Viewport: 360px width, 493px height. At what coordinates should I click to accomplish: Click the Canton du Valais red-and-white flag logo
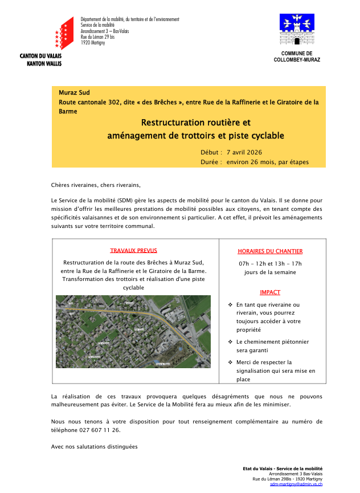click(x=64, y=33)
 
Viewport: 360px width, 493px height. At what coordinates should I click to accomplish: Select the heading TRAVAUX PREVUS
click(x=134, y=250)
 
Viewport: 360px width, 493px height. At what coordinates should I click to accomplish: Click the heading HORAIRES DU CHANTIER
click(x=270, y=251)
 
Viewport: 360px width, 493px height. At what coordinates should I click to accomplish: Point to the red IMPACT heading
click(x=270, y=292)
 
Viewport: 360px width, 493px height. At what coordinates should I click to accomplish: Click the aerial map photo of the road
click(x=133, y=331)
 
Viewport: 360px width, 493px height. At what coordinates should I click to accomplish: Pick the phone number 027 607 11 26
click(x=100, y=430)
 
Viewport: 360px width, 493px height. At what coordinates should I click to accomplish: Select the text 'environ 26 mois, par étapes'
click(x=267, y=162)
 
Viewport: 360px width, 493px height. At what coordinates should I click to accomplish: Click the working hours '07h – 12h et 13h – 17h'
click(x=270, y=263)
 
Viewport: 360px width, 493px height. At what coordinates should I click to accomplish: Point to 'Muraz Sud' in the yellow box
click(x=74, y=92)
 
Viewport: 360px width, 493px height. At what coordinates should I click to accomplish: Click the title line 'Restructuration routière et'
click(x=195, y=123)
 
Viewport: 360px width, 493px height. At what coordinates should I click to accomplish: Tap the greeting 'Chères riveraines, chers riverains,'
click(x=95, y=185)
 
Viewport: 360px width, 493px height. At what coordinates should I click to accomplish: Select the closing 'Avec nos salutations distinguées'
click(x=94, y=446)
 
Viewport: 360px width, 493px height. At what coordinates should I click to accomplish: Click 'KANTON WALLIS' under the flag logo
click(x=44, y=64)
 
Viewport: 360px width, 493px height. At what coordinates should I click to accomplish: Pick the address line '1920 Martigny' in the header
click(x=93, y=43)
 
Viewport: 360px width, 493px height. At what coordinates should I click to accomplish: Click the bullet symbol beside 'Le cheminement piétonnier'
click(x=230, y=342)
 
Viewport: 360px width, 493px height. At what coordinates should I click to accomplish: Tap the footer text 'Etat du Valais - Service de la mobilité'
click(x=283, y=468)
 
